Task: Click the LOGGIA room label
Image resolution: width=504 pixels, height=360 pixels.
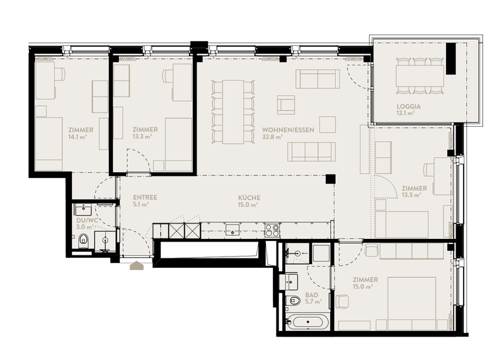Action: [408, 107]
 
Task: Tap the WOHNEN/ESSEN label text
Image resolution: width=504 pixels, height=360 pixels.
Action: [288, 130]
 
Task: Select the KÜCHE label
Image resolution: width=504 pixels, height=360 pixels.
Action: [249, 197]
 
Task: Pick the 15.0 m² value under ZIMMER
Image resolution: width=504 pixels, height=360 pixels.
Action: [363, 287]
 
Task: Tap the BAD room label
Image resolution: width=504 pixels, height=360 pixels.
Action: [312, 295]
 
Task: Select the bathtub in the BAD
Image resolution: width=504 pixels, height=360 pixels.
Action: [307, 322]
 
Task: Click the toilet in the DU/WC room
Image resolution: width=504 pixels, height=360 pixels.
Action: [83, 240]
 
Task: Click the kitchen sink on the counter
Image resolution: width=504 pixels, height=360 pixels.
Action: [232, 230]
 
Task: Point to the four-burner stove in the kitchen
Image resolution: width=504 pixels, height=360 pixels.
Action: [272, 230]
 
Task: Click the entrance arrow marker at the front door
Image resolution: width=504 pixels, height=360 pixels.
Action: [137, 265]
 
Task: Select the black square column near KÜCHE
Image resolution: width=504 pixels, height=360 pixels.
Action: [330, 179]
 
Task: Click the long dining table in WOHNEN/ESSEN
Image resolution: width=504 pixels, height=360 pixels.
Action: [233, 112]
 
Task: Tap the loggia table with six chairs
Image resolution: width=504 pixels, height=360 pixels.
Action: [420, 76]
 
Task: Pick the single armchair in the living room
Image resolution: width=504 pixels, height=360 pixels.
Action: [286, 105]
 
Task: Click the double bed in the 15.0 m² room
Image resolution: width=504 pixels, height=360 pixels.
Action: [412, 303]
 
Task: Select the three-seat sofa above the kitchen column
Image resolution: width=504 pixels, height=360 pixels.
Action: [311, 152]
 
